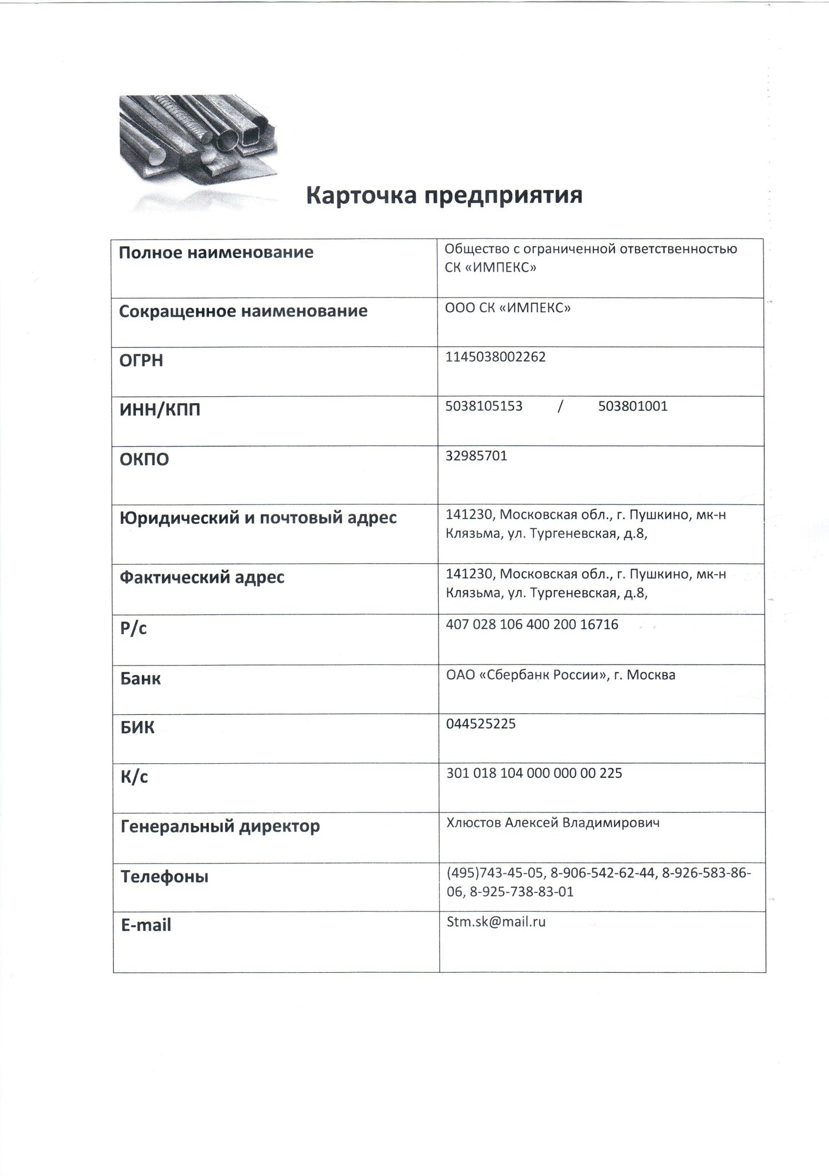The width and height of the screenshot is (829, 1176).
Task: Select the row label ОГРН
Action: point(141,361)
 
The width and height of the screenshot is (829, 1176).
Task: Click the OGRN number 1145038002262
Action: point(495,357)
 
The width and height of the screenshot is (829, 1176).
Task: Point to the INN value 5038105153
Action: point(484,407)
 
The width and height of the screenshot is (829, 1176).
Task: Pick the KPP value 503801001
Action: point(633,407)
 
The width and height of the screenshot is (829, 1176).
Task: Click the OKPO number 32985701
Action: point(477,456)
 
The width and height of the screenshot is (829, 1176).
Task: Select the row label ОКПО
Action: point(144,459)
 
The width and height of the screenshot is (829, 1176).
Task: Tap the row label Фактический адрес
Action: point(202,577)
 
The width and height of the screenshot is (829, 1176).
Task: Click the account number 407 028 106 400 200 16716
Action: point(532,625)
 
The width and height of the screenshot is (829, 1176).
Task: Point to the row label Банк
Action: point(140,679)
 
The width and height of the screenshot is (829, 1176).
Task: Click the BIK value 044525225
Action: point(481,724)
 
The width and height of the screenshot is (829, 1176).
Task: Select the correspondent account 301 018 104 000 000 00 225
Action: point(534,773)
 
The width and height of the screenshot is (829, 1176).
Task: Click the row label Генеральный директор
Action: point(220,827)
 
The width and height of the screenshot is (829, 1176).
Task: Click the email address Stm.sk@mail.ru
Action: point(496,922)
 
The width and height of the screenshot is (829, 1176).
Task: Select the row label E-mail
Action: point(146,925)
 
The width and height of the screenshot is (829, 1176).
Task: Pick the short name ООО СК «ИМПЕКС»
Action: point(508,308)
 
